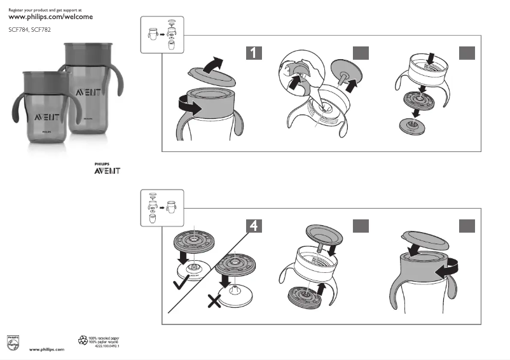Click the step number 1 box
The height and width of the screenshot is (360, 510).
click(x=254, y=52)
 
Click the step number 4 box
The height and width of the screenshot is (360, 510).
click(x=254, y=225)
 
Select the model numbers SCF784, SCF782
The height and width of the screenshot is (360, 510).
click(x=30, y=30)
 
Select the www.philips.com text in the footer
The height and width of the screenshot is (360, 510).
click(x=47, y=350)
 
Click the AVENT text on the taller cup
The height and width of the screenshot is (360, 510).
click(x=88, y=92)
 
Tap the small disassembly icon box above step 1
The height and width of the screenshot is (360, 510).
click(x=162, y=34)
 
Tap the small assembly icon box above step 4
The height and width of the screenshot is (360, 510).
click(x=162, y=206)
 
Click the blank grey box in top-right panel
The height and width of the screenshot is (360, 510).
click(x=467, y=52)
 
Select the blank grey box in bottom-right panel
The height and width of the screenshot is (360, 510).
click(x=467, y=225)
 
